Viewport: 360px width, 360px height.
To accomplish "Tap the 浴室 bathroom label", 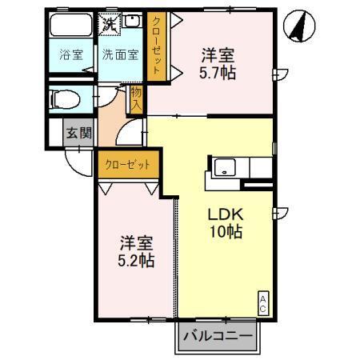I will (71, 55).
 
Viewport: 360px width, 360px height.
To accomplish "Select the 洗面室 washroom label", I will (119, 55).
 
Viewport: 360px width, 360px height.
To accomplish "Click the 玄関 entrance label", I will (78, 134).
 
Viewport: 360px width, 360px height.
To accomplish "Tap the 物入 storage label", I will (136, 98).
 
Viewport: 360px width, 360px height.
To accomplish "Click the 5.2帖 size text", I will (137, 260).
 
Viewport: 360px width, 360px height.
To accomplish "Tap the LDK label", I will (225, 215).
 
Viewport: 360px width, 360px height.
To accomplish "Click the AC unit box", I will (262, 302).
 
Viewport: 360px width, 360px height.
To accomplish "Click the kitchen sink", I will (225, 169).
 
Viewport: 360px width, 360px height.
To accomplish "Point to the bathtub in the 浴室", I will (71, 26).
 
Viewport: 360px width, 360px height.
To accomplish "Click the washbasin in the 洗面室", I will (132, 24).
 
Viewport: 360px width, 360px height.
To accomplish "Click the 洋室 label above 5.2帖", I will (137, 242).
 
